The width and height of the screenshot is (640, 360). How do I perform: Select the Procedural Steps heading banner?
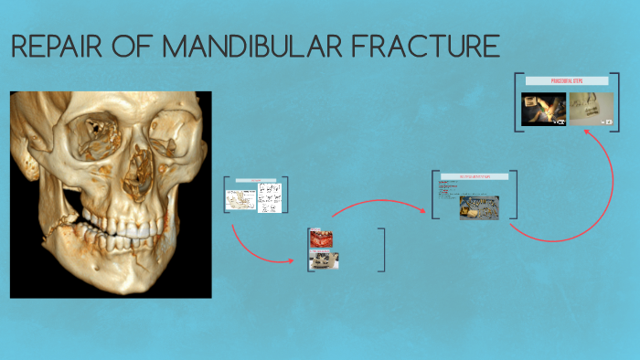pyautogui.click(x=566, y=81)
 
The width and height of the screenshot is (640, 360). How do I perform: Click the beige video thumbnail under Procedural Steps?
pyautogui.click(x=591, y=109)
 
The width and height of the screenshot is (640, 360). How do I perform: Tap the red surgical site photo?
pyautogui.click(x=322, y=239)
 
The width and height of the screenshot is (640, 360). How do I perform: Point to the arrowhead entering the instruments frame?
pyautogui.click(x=427, y=214)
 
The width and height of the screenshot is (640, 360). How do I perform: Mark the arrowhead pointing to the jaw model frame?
pyautogui.click(x=292, y=260)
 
